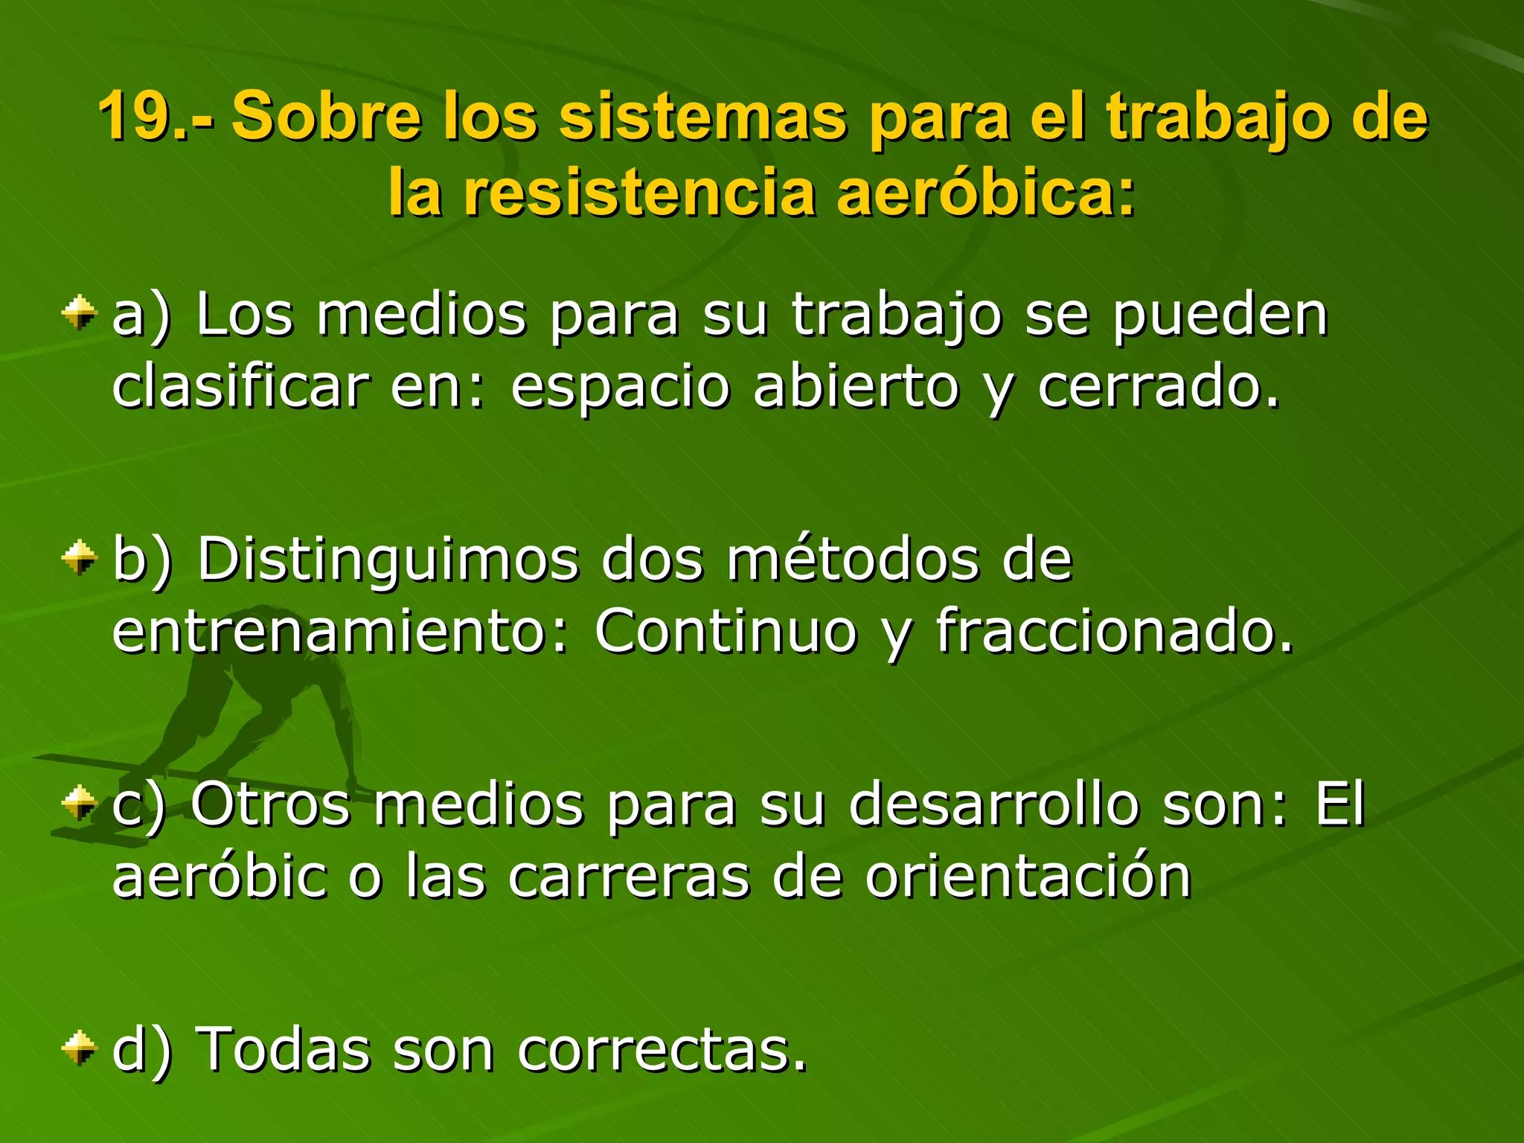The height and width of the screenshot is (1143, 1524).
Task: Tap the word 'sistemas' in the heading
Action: click(x=702, y=116)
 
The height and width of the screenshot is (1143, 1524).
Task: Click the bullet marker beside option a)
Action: click(x=80, y=313)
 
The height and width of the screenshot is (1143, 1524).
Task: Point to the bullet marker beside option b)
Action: click(x=80, y=557)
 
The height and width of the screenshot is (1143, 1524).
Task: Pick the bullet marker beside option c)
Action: click(x=80, y=803)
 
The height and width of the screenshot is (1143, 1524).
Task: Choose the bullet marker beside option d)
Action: click(x=80, y=1048)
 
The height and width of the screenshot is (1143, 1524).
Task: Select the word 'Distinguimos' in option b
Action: click(x=387, y=560)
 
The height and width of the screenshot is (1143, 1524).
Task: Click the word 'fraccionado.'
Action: click(x=1114, y=631)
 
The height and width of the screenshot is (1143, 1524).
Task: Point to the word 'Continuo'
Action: click(x=726, y=631)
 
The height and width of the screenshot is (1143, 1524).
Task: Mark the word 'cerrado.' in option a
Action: click(x=1159, y=387)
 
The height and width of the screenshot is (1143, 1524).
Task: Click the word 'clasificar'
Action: click(x=240, y=387)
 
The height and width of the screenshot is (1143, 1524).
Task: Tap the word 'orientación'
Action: click(x=1028, y=877)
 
